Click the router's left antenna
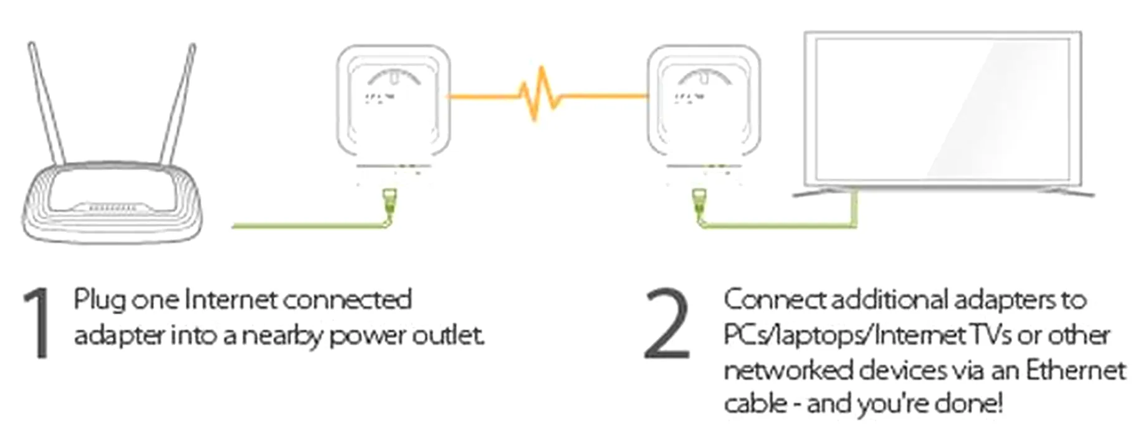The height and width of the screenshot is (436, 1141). point(47,103)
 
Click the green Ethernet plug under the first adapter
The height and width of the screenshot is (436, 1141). point(390,202)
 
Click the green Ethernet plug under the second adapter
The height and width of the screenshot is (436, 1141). point(699,202)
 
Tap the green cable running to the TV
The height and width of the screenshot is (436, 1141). point(779,225)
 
